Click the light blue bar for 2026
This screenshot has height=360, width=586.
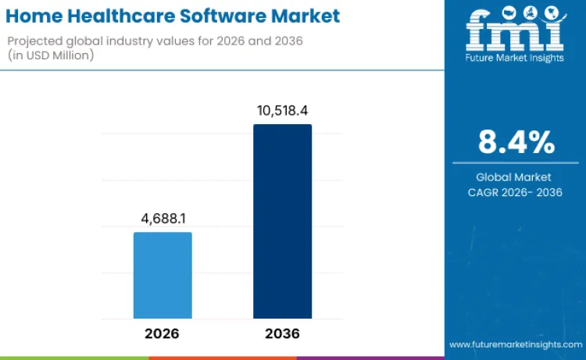(x=163, y=275)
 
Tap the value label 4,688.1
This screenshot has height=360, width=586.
(x=163, y=220)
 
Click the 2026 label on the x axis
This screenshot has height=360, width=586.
(x=163, y=333)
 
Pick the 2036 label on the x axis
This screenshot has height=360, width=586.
(x=282, y=333)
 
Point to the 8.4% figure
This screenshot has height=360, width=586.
(x=516, y=142)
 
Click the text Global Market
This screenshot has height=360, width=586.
(x=516, y=177)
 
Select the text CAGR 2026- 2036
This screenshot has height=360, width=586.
(x=516, y=192)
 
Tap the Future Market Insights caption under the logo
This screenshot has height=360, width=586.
(x=515, y=58)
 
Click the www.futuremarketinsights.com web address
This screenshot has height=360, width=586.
(x=515, y=344)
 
